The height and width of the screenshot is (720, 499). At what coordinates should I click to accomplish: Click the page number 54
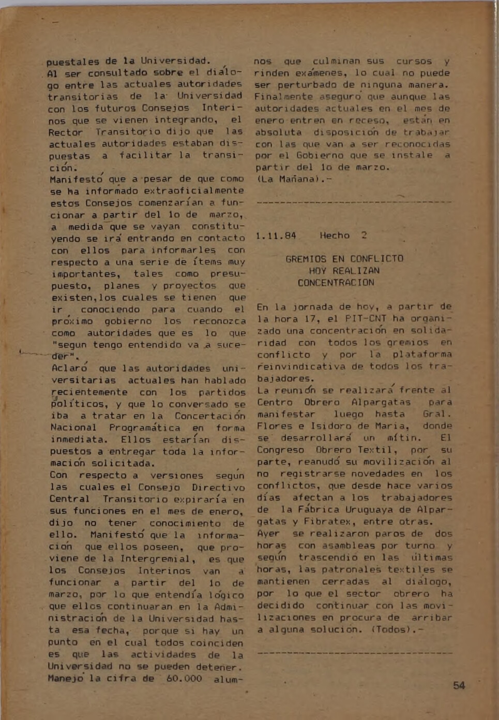(x=459, y=685)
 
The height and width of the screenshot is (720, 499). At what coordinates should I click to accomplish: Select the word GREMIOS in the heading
(x=306, y=259)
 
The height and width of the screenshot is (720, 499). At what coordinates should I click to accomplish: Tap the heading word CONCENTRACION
(x=336, y=283)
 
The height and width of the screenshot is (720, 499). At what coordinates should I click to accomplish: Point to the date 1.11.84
(x=276, y=236)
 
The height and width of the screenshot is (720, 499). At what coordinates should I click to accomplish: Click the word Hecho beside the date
(x=335, y=236)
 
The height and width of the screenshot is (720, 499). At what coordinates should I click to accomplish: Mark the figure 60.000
(x=184, y=678)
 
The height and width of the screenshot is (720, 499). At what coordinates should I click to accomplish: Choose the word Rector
(x=66, y=132)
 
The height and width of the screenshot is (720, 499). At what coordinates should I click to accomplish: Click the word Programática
(x=144, y=428)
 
